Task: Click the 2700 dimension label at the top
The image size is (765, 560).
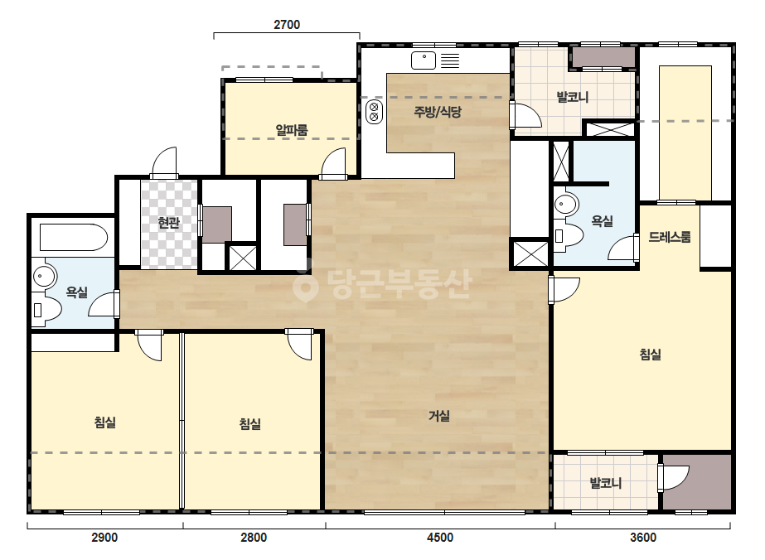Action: point(287,25)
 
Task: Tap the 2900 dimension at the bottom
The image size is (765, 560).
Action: point(104,538)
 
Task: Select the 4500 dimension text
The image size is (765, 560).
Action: point(440,538)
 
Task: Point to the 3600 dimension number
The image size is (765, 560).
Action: point(643,538)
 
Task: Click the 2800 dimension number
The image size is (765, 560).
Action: point(254,538)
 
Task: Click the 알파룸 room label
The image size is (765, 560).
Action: point(292,130)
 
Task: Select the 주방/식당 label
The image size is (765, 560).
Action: point(438,112)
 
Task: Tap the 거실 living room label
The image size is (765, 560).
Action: point(439,416)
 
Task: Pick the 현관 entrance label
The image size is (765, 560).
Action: point(169,223)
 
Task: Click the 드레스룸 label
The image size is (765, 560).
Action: point(670,237)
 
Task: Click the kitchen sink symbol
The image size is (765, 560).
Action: point(424,60)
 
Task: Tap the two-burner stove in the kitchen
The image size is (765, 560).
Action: point(374,112)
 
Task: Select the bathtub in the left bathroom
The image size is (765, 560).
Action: point(73,237)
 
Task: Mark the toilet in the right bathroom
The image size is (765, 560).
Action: point(569,237)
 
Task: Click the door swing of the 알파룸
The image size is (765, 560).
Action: point(334,161)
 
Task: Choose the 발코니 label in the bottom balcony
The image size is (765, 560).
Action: point(606,484)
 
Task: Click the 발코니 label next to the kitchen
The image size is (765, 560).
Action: point(573,97)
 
